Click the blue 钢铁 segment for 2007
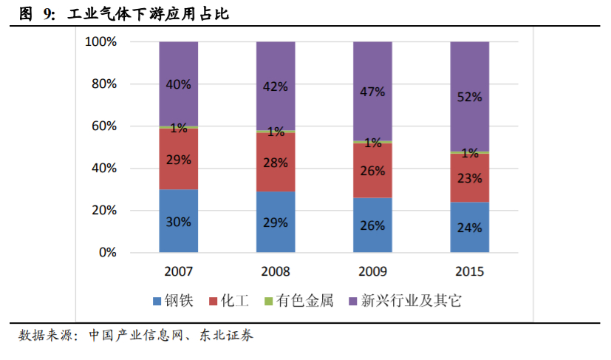(178, 221)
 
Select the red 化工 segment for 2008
(276, 162)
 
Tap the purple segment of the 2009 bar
(372, 90)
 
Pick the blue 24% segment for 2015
(470, 228)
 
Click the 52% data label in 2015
(470, 97)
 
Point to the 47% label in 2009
(372, 92)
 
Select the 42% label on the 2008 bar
(276, 86)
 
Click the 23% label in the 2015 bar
(470, 178)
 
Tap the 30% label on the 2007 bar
(178, 221)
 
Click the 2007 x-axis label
(178, 271)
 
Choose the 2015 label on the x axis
(470, 271)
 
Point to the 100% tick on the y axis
(101, 42)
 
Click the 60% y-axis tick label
(104, 126)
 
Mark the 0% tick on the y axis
(108, 253)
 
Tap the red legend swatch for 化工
(214, 302)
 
